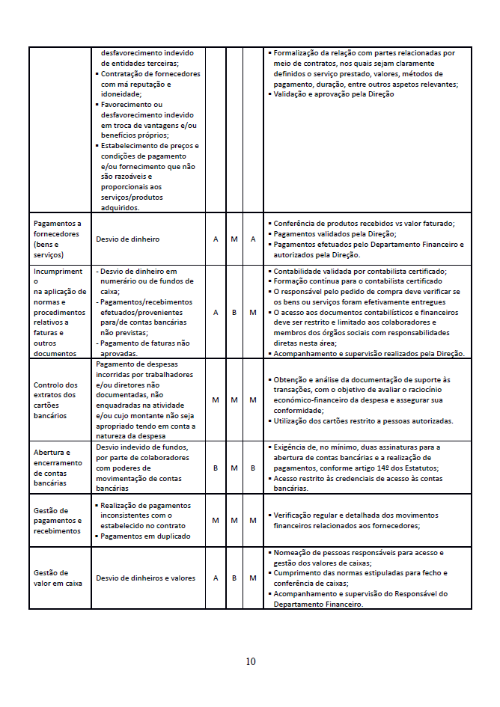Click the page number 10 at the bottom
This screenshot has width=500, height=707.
click(x=250, y=661)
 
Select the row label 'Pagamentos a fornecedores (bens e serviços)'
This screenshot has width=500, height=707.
click(x=58, y=239)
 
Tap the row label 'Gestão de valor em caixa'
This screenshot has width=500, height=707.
click(x=58, y=578)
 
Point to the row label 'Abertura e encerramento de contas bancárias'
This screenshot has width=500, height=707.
click(x=58, y=468)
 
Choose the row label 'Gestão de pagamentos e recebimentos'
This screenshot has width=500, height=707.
click(x=58, y=520)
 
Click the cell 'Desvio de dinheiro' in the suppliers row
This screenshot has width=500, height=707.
click(x=128, y=239)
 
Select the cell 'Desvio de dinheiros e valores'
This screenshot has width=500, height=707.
click(x=145, y=578)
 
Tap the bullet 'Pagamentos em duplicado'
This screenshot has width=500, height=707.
click(x=146, y=536)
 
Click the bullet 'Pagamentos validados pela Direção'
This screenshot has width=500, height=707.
click(x=335, y=234)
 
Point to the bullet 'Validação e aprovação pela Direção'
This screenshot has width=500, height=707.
click(x=333, y=95)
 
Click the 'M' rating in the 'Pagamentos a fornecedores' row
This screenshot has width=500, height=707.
click(x=234, y=239)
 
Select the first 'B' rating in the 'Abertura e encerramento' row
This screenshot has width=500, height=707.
click(x=216, y=468)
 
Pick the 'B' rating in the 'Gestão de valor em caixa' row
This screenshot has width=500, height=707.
click(x=234, y=578)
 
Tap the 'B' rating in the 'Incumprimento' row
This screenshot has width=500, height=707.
click(x=234, y=312)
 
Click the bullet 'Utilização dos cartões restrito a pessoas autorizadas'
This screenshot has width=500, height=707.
click(x=363, y=421)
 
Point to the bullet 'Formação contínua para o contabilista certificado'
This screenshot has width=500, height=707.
click(x=358, y=281)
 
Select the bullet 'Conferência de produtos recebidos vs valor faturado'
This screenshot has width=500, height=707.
click(x=364, y=224)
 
